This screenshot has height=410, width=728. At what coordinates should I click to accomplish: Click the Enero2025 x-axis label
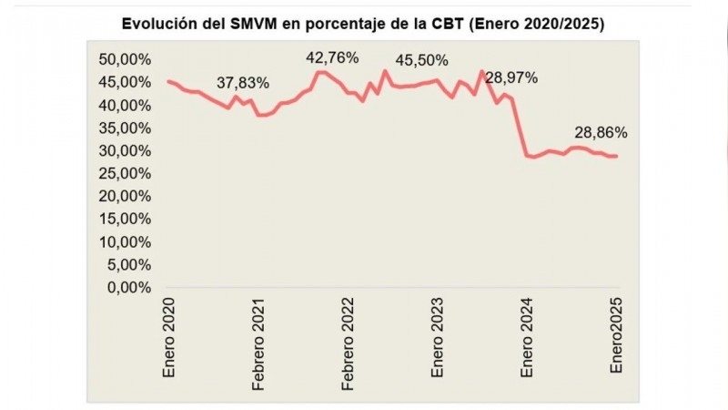[618, 336]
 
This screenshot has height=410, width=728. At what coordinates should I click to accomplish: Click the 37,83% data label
[243, 83]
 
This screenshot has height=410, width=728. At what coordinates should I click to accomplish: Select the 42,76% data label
[332, 58]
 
